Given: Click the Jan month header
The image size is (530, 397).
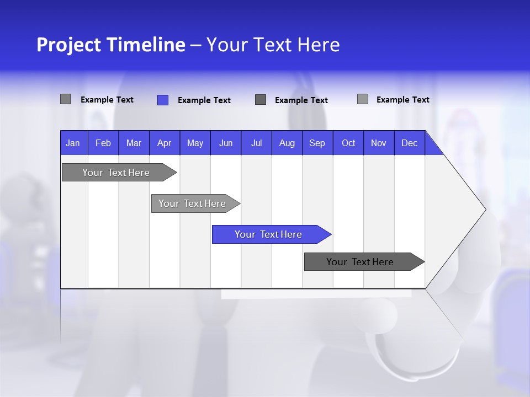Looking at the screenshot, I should coord(73,143).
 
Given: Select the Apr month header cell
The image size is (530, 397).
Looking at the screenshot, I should coord(164,143).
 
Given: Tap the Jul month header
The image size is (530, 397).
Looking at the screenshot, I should coord(256,143).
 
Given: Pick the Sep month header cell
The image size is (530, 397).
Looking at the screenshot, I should coord(317,143).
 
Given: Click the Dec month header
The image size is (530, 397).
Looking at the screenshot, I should coord(409,143).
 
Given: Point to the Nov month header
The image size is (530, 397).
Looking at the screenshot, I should coord(378,143).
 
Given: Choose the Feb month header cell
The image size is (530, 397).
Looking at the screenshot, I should coord(103,143).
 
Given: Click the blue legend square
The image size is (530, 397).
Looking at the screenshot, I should coord(162,100).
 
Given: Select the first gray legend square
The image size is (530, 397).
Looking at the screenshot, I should coord(65,99).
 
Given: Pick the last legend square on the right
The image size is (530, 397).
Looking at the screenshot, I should coord(362,99).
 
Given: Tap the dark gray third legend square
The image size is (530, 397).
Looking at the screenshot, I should coord(261,100).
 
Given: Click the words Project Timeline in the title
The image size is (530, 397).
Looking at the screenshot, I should coord(110,45).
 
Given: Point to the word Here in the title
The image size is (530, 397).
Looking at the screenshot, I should coord(319,45).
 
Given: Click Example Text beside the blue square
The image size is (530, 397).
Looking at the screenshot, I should coord(204,100).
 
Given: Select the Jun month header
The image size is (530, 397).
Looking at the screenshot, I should coord(226,143).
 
